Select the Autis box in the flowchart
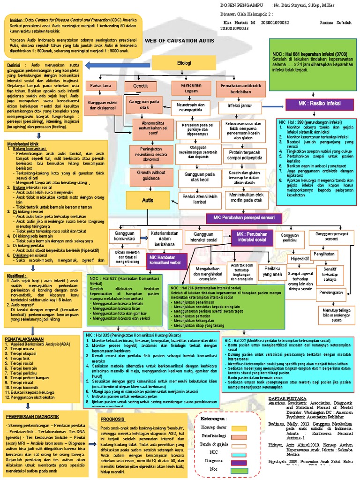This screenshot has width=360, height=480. click(148, 200)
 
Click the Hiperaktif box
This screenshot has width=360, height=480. click(300, 258)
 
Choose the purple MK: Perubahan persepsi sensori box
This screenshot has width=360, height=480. click(244, 218)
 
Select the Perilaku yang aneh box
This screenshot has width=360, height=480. click(273, 270)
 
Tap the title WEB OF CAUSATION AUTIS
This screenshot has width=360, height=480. click(180, 42)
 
